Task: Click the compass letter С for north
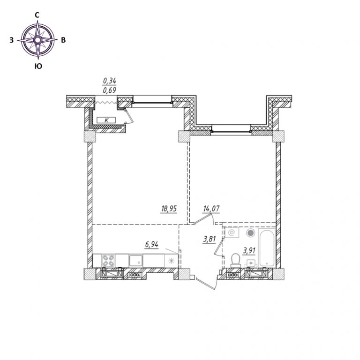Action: (x=37, y=15)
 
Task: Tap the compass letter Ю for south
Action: (x=38, y=67)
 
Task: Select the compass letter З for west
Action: (x=11, y=40)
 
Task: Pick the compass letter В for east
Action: (x=63, y=40)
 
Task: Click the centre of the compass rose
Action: (x=38, y=40)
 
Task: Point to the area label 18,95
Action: (x=169, y=209)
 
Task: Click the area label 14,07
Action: (x=211, y=209)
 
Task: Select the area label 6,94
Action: (x=151, y=245)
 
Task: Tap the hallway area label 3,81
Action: (x=210, y=240)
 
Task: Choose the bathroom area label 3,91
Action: (x=249, y=250)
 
